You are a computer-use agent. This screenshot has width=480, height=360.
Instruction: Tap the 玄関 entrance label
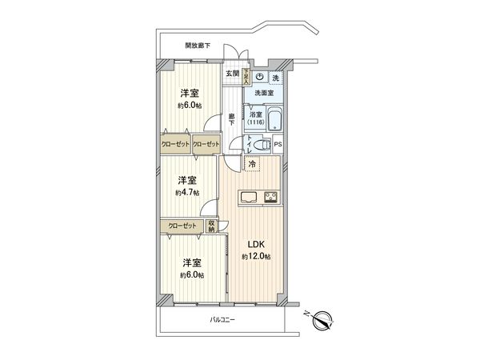tap(232, 74)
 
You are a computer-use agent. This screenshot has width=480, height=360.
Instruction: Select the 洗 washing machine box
tap(275, 78)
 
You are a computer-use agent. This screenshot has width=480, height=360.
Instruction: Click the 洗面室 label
tap(264, 94)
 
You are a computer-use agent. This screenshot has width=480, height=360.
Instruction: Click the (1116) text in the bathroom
tap(255, 122)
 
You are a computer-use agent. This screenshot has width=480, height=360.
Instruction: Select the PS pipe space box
tap(278, 145)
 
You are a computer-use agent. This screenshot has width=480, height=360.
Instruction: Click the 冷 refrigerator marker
tap(252, 165)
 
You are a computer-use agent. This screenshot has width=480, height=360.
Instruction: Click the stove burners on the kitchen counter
tap(268, 198)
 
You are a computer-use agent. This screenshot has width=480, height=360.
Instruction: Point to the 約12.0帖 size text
tap(255, 256)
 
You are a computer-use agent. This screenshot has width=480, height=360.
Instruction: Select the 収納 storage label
tap(211, 226)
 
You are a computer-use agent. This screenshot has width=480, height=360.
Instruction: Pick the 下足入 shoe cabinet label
tap(246, 77)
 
